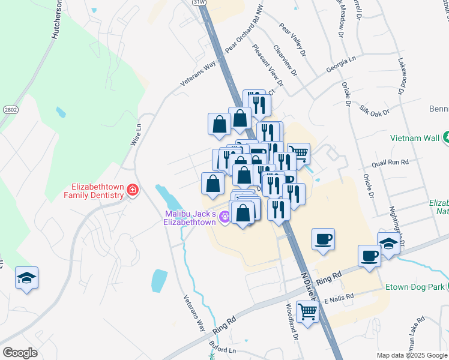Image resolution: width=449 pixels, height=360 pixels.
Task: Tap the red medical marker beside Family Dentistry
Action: pos(132,191)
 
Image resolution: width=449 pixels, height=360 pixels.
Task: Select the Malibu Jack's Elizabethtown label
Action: pos(190,218)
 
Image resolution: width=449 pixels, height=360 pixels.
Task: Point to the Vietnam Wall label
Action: pos(414,137)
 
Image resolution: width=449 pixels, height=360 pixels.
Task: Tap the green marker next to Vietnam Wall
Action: pos(446,137)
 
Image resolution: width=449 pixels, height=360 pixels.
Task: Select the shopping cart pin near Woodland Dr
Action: pos(307,311)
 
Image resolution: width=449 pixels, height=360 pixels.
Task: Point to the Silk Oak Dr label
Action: pos(374,112)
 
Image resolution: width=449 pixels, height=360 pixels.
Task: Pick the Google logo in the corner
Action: pos(20,352)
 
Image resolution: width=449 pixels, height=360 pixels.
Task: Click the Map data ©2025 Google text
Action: pos(411,355)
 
